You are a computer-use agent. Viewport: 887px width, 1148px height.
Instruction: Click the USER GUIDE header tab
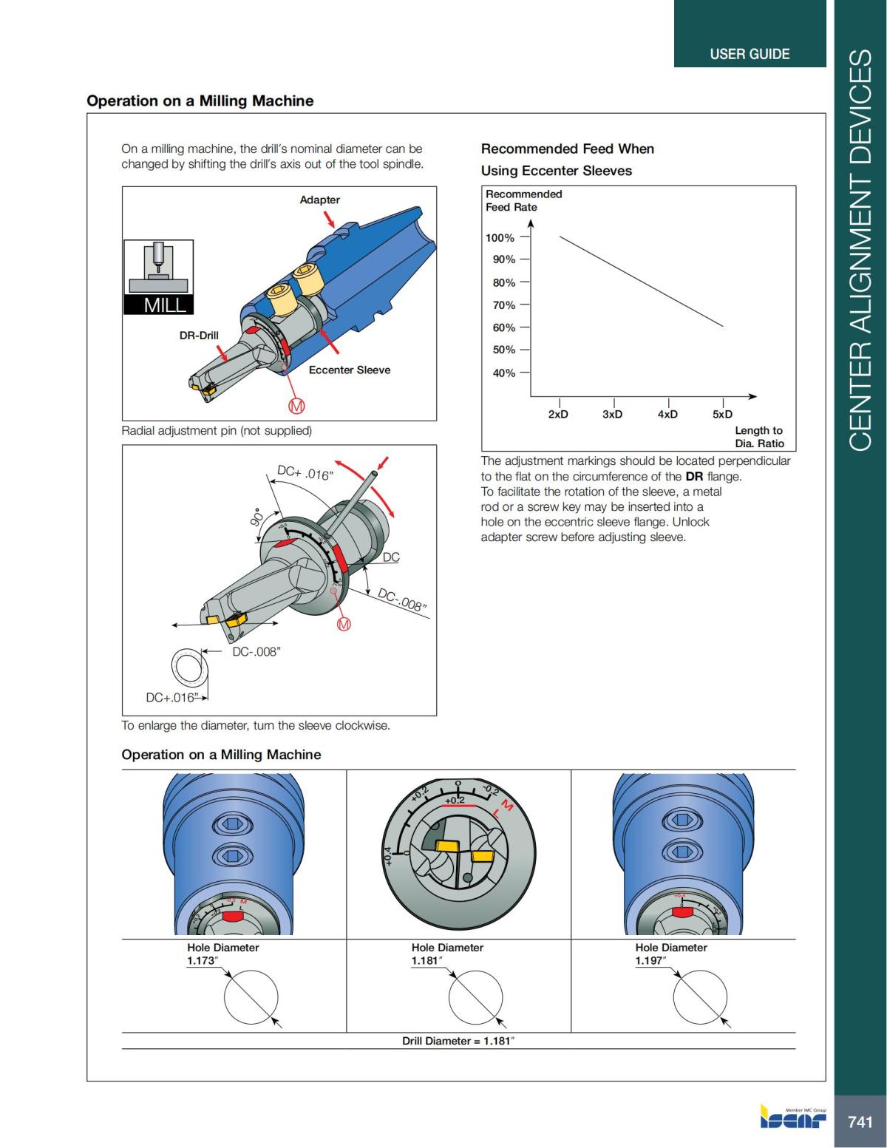click(750, 54)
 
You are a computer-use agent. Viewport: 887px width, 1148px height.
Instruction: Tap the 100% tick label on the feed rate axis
click(500, 238)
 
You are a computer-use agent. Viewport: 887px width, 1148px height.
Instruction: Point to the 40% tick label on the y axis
click(504, 373)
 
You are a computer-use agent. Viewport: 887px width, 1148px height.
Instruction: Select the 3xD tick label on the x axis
click(612, 414)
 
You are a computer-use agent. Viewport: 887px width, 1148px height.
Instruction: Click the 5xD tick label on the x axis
click(722, 414)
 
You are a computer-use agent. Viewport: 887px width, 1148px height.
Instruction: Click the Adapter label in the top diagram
click(319, 200)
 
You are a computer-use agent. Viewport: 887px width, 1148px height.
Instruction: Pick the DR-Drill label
click(199, 335)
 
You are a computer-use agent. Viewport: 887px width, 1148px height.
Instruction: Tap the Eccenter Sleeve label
click(349, 370)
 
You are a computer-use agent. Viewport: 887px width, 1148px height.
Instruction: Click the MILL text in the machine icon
click(165, 305)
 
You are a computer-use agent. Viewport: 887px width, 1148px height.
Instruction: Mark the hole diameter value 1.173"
click(203, 960)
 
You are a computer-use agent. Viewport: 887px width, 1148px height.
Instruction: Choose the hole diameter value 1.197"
click(650, 960)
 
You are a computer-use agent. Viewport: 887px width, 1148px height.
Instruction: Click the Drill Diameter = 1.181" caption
click(458, 1041)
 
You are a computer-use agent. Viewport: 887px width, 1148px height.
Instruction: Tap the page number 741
click(860, 1121)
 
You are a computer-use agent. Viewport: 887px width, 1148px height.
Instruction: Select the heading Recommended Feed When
click(567, 149)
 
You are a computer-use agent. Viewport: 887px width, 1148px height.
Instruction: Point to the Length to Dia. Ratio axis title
click(759, 437)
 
